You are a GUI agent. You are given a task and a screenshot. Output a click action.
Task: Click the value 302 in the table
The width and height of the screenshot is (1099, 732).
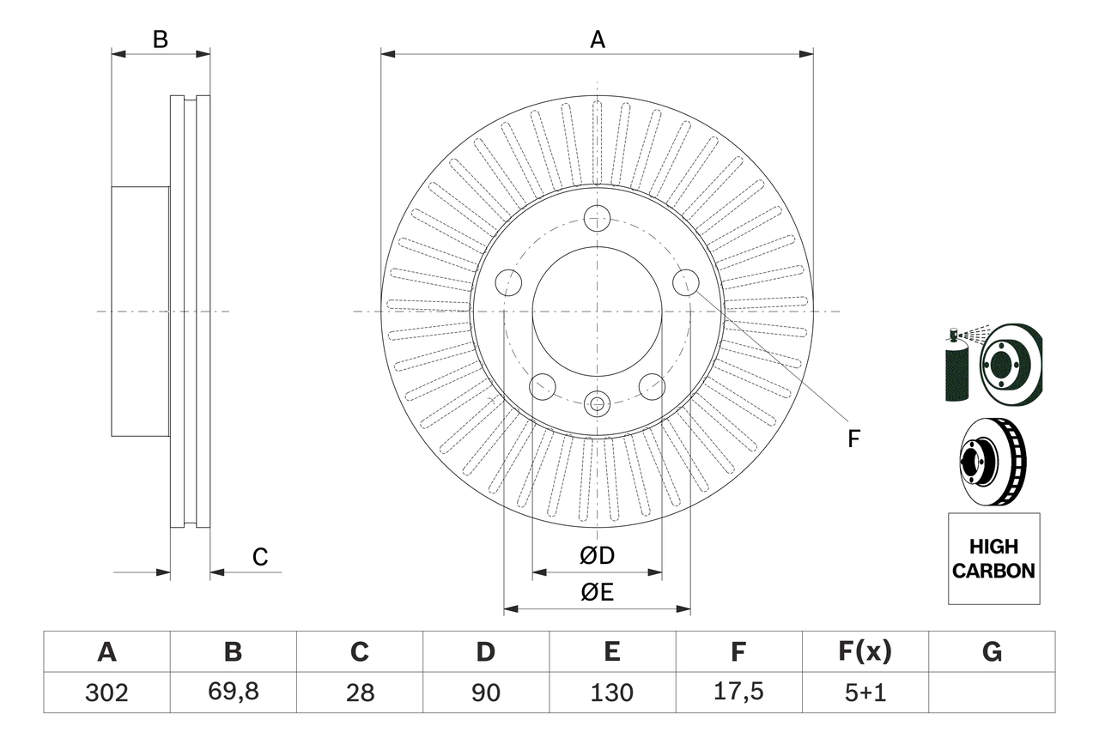[x=106, y=693]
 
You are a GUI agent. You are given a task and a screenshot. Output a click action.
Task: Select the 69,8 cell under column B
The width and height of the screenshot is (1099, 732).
[x=233, y=693]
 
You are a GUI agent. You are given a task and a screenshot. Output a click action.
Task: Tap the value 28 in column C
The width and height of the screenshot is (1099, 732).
[x=360, y=693]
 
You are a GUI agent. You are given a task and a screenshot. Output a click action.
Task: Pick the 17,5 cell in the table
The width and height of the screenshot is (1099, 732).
[x=738, y=693]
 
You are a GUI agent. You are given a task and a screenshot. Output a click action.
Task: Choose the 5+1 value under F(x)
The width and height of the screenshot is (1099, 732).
[x=865, y=693]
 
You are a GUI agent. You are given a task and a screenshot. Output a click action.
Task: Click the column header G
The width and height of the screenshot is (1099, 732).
[x=992, y=652]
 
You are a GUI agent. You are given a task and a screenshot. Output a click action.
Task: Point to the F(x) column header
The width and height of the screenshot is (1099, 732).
[x=865, y=652]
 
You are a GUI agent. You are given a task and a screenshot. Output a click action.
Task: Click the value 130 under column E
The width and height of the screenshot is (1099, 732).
[x=612, y=693]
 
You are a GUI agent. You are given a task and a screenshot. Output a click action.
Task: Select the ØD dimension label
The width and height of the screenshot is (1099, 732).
[x=598, y=556]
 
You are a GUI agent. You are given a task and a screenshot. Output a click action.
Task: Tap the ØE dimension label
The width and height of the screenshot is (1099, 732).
[x=598, y=593]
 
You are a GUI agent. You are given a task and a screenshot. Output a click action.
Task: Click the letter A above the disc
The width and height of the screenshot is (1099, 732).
[x=598, y=39]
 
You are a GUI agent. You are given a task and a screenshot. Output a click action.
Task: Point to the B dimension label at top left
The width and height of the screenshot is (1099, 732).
[x=160, y=39]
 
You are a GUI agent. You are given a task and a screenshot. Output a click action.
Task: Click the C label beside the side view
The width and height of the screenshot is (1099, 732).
[x=260, y=557]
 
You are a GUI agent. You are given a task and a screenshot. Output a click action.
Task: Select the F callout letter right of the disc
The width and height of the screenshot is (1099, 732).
[x=853, y=439]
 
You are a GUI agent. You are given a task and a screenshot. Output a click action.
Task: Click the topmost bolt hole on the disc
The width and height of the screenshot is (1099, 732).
[x=597, y=218]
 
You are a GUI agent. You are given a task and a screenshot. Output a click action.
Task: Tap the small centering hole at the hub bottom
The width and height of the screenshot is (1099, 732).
[x=597, y=401]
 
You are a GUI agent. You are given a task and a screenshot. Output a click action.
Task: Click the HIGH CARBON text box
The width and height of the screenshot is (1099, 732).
[x=993, y=559]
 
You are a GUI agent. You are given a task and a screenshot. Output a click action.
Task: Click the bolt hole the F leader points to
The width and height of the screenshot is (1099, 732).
[x=685, y=281]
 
